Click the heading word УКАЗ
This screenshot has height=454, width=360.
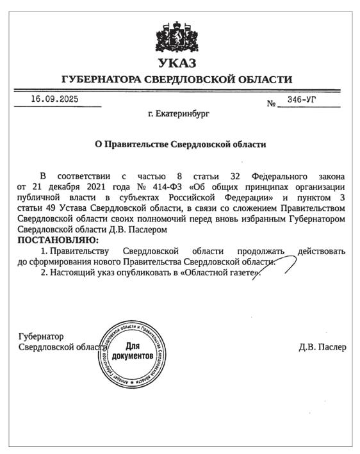(x=176, y=63)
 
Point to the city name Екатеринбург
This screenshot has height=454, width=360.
(x=178, y=114)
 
